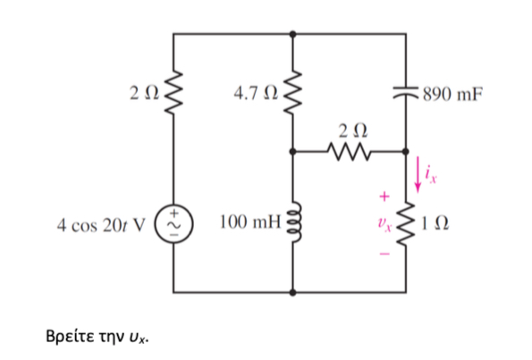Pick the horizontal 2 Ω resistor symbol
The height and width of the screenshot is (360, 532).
[350, 152]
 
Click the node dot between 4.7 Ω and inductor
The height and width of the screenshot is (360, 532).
[293, 152]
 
